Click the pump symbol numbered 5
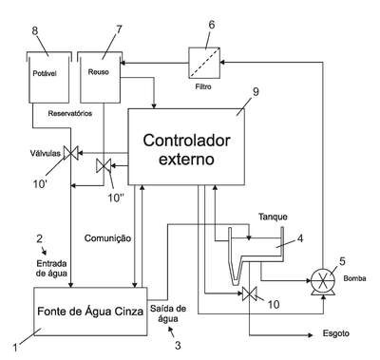tap(323, 281)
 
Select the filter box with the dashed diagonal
tap(204, 63)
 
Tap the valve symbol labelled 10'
tap(71, 153)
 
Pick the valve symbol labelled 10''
tap(104, 165)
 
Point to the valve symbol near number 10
tap(249, 294)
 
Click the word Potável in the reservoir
tap(45, 73)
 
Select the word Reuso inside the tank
tap(98, 72)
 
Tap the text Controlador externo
tap(186, 149)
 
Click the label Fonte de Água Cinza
tap(90, 312)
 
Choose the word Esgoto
tap(336, 333)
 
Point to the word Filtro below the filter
tap(203, 86)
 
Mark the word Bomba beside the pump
tap(354, 278)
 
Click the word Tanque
tap(273, 217)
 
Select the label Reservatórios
tap(70, 113)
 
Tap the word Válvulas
tap(46, 154)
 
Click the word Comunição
tap(107, 238)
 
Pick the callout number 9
tap(256, 92)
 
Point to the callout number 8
tap(35, 30)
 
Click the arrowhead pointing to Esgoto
tap(310, 334)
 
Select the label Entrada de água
tap(51, 268)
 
